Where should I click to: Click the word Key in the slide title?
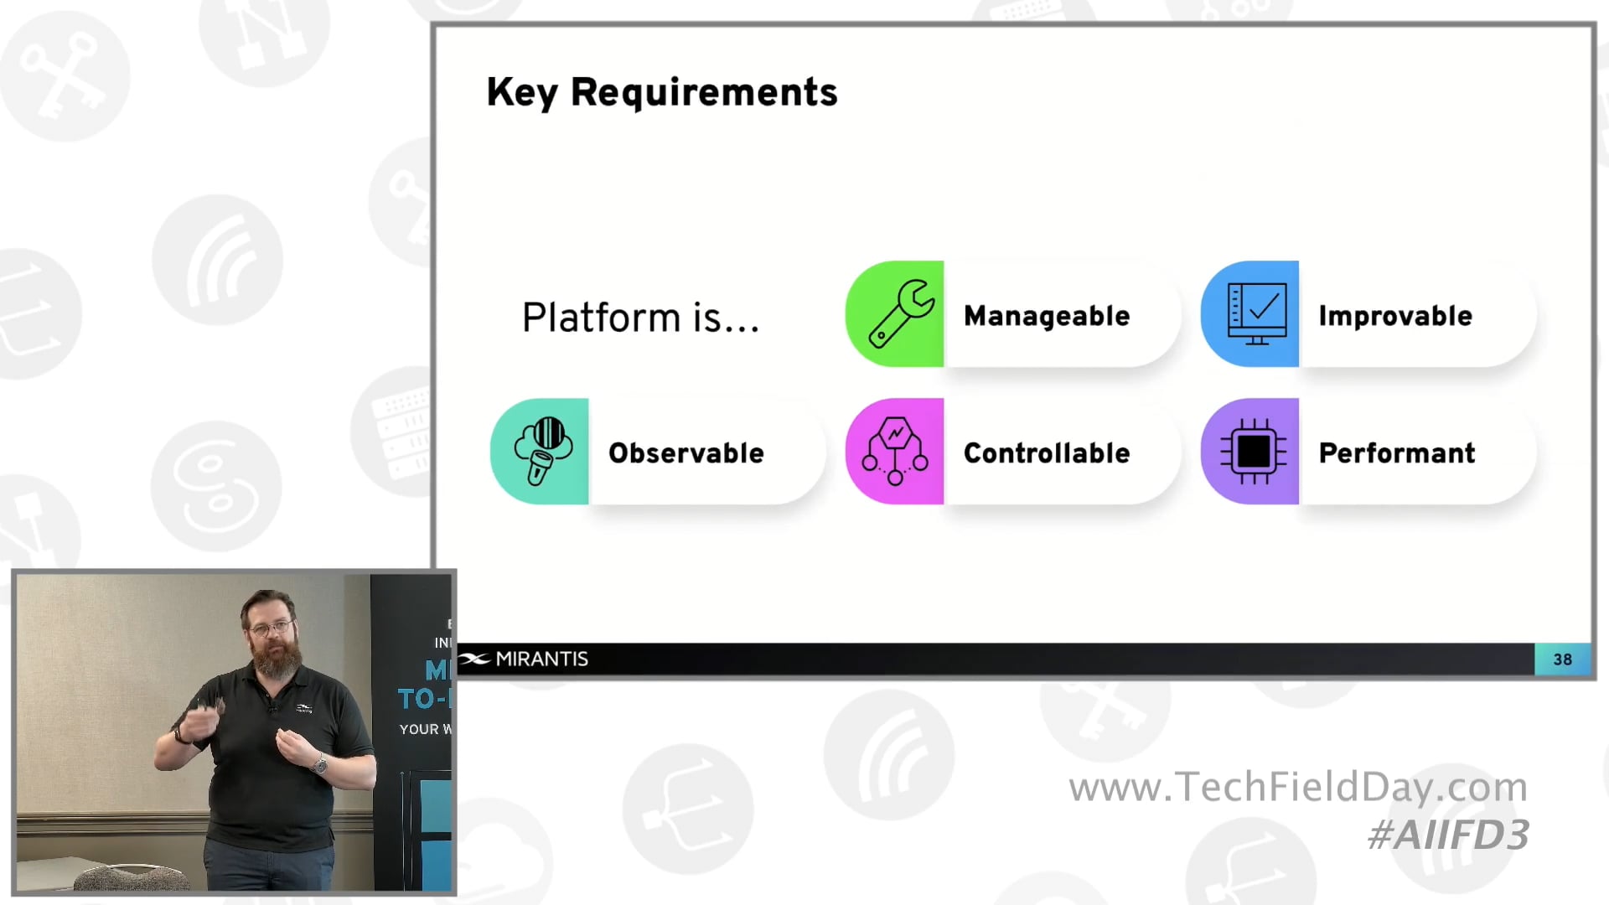[521, 92]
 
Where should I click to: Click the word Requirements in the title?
[703, 92]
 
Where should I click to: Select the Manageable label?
[1047, 316]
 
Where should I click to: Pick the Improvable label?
[1395, 316]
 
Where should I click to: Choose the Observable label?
[686, 453]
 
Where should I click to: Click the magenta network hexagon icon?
[895, 452]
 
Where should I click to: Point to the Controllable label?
[1047, 453]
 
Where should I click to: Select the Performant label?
[1397, 453]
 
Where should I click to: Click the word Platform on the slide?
[601, 318]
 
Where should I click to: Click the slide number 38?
[1562, 659]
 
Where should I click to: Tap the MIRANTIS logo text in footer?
[541, 659]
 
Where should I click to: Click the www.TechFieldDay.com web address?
[1298, 788]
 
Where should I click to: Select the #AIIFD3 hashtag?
[1448, 835]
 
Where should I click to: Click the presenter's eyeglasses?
[271, 627]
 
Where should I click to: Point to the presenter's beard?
[276, 658]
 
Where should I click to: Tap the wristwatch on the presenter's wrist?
[319, 763]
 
